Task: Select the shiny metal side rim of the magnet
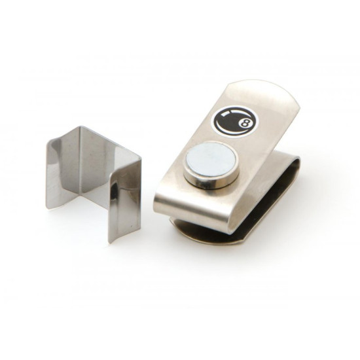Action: tap(207, 183)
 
